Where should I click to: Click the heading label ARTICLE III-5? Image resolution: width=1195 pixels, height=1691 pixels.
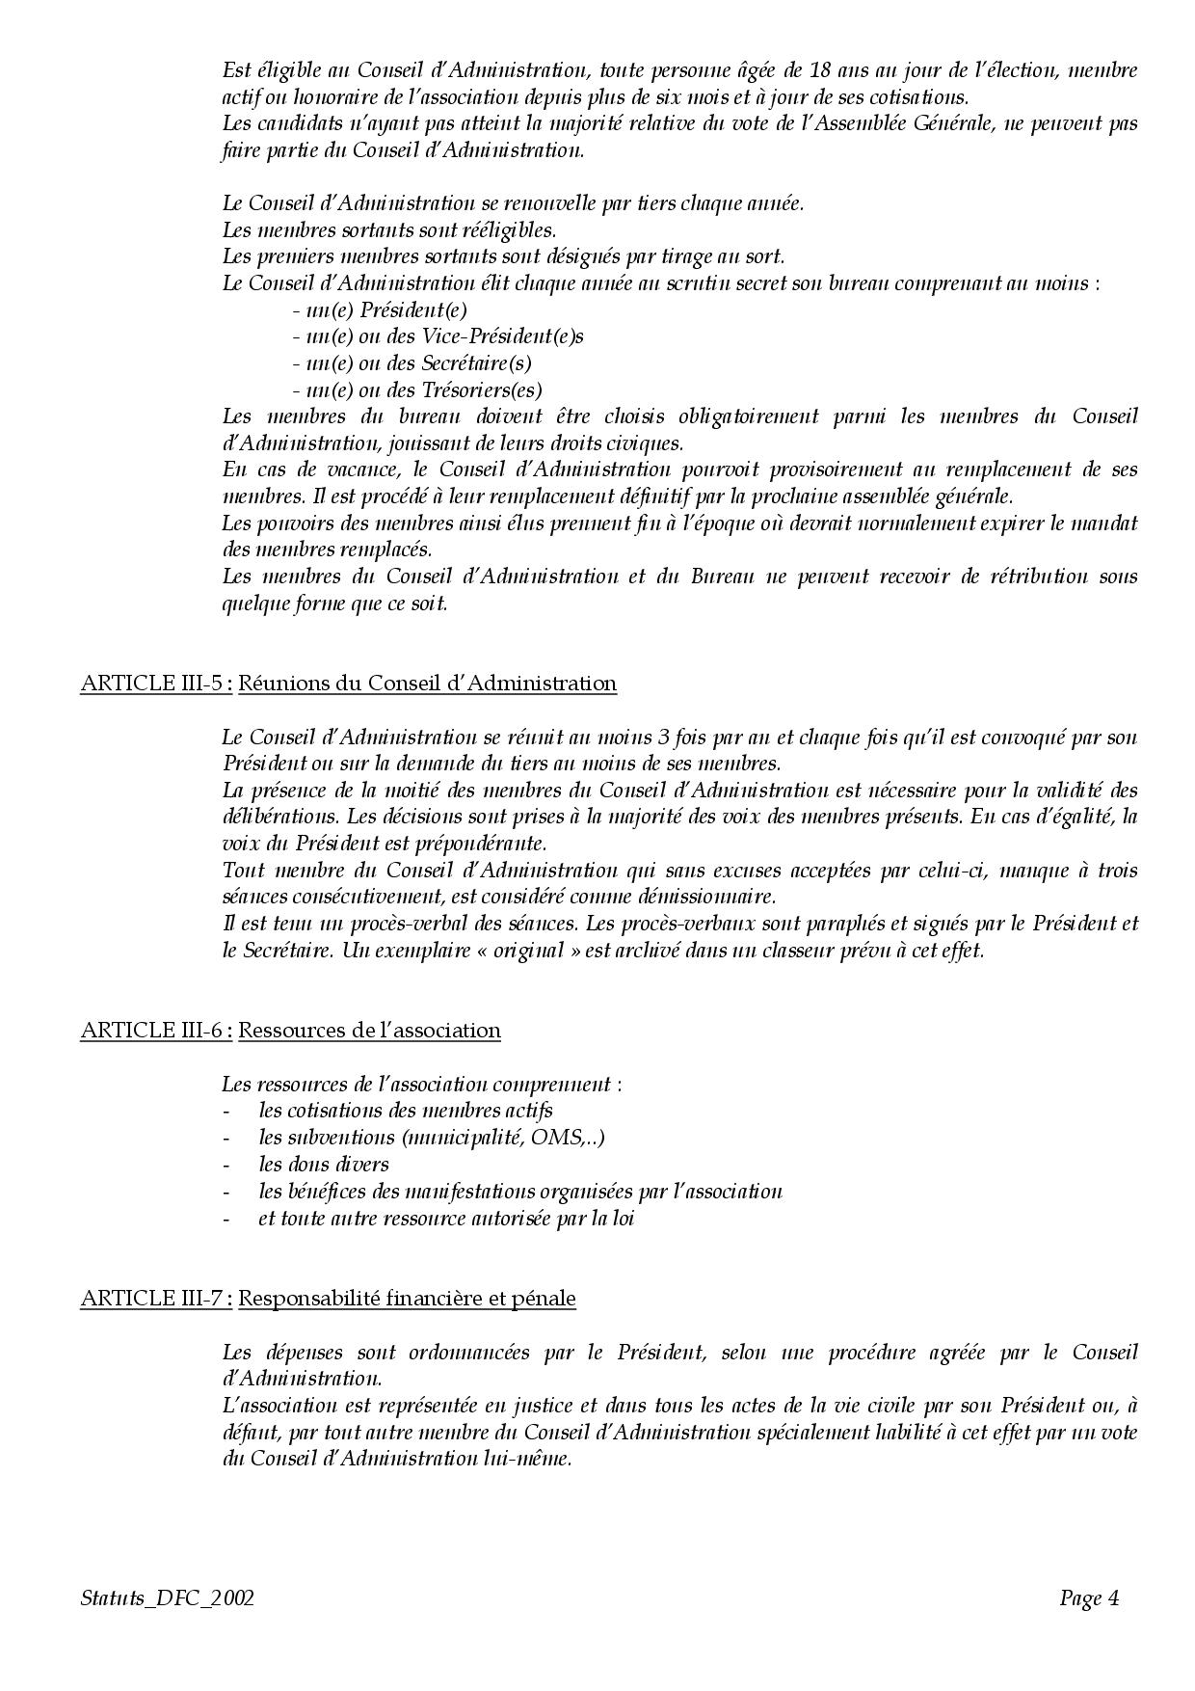click(x=154, y=684)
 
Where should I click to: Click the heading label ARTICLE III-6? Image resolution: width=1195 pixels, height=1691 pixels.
click(x=154, y=1031)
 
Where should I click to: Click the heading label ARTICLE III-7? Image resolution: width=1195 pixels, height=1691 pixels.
click(x=154, y=1299)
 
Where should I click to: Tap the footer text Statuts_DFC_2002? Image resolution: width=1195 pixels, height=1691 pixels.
click(x=168, y=1598)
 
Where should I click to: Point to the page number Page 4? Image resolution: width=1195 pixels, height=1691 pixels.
click(x=1089, y=1598)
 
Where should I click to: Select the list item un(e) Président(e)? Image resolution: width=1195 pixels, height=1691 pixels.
click(x=380, y=310)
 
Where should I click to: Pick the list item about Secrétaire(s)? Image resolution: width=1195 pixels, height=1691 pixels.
click(x=412, y=363)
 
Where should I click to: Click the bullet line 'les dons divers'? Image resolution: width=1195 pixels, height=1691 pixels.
click(x=323, y=1165)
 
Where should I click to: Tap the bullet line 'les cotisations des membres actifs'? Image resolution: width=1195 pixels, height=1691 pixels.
click(x=405, y=1111)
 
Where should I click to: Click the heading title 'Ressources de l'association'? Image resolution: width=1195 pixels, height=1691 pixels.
click(x=369, y=1031)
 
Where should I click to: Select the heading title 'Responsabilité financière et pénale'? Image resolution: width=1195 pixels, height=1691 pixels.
click(x=407, y=1299)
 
